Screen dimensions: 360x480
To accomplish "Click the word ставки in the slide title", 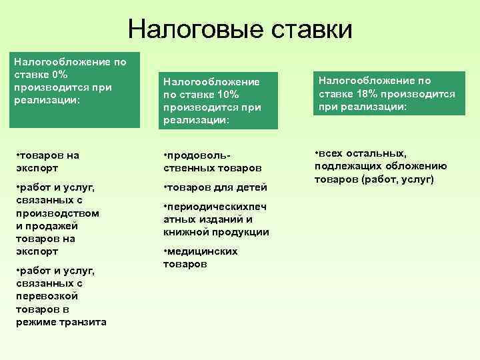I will pos(309,29).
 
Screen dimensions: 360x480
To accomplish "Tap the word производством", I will pos(57,213).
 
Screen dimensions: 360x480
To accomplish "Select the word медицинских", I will pos(202,251).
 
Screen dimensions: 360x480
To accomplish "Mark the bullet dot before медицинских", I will pos(165,251).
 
